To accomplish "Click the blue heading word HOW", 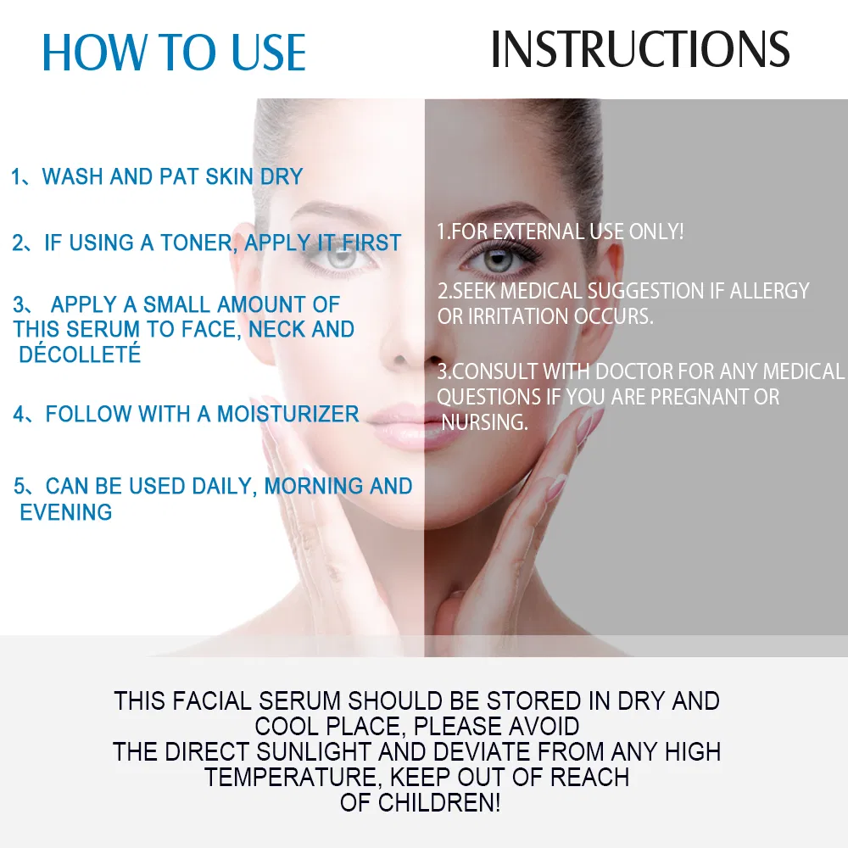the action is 95,52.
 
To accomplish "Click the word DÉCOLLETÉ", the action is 80,354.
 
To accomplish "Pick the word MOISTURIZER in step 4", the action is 287,415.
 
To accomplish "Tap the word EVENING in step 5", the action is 66,512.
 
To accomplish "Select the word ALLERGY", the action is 770,291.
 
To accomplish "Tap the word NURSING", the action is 484,422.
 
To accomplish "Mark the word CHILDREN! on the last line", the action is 438,802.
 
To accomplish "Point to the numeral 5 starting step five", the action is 20,486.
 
